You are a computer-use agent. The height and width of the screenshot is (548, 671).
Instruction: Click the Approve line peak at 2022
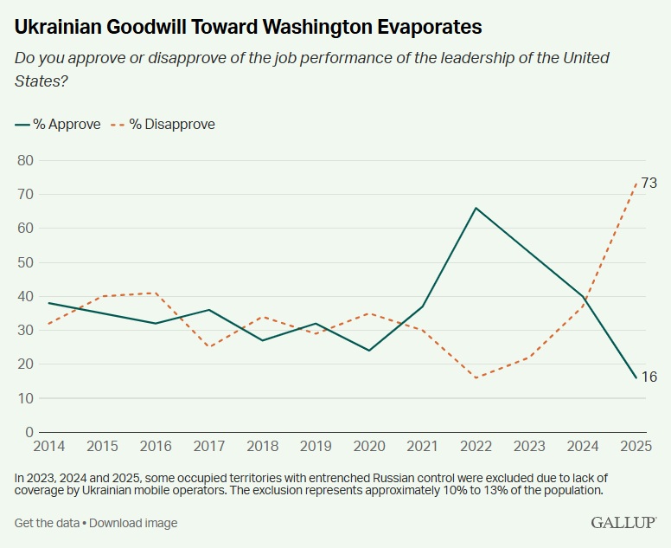point(475,208)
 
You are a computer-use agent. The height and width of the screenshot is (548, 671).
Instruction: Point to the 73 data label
point(649,183)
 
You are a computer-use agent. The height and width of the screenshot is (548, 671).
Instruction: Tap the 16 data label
point(649,377)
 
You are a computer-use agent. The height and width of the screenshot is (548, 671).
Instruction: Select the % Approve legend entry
point(58,124)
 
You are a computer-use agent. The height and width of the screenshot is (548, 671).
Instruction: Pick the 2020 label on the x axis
point(370,446)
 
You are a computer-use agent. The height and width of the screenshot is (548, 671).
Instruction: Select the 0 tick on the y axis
point(29,432)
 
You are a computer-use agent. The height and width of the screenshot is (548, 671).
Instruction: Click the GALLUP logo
point(623,523)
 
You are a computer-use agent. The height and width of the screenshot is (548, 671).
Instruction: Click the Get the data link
point(47,523)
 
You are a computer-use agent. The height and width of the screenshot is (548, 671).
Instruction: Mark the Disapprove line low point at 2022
point(475,377)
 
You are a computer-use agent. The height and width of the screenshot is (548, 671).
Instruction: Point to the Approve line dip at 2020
point(369,351)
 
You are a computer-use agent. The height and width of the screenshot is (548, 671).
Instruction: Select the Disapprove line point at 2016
point(156,293)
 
